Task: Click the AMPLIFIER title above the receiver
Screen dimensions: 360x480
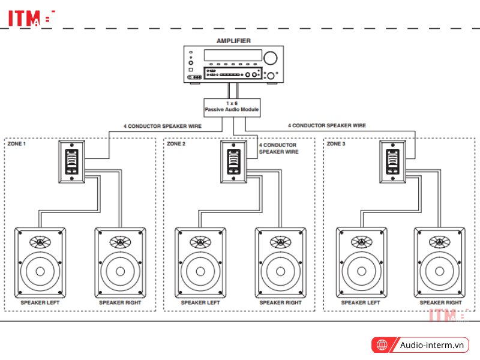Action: tap(233, 41)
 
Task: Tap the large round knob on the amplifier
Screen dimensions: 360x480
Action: tap(270, 58)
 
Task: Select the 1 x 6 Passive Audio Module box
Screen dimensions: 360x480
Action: tap(232, 107)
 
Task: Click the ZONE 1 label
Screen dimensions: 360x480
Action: tap(16, 144)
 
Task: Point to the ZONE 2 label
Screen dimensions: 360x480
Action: tap(176, 144)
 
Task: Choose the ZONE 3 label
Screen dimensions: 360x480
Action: tap(336, 144)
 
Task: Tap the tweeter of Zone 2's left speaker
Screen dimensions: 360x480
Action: tap(200, 242)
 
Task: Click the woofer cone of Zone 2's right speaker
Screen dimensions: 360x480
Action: tap(280, 271)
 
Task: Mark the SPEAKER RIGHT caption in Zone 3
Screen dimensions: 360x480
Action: tap(441, 303)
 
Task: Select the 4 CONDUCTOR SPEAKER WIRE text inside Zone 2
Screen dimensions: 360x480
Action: tap(278, 148)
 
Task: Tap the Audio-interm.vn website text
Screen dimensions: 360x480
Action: tap(433, 345)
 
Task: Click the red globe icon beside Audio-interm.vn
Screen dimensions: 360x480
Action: tap(382, 345)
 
